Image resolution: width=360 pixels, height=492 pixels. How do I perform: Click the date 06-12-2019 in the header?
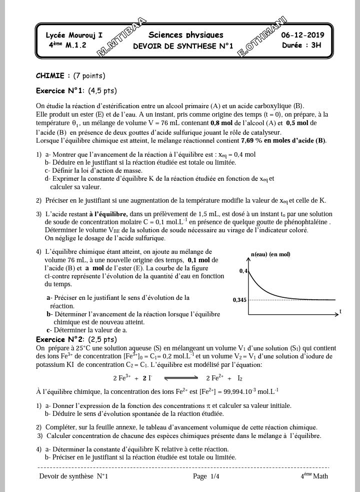pyautogui.click(x=302, y=35)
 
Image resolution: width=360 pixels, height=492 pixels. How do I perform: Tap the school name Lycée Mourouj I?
pyautogui.click(x=74, y=36)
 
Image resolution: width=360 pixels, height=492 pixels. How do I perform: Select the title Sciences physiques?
pyautogui.click(x=185, y=35)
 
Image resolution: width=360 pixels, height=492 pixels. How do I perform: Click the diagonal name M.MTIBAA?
pyautogui.click(x=121, y=37)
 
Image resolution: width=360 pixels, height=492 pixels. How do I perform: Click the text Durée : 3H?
pyautogui.click(x=302, y=45)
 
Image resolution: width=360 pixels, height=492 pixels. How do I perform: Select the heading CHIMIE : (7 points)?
pyautogui.click(x=70, y=76)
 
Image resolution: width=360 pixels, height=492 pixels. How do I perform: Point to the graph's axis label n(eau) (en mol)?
pyautogui.click(x=270, y=254)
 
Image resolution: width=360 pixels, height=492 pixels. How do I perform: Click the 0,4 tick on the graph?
pyautogui.click(x=243, y=271)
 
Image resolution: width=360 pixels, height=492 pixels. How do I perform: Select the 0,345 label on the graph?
pyautogui.click(x=239, y=300)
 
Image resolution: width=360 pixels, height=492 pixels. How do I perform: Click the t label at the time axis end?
pyautogui.click(x=340, y=311)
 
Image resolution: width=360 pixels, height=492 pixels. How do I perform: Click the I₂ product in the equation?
pyautogui.click(x=240, y=378)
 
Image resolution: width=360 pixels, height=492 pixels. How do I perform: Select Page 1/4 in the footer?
pyautogui.click(x=206, y=476)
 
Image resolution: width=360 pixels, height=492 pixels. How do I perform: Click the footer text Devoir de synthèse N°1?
pyautogui.click(x=73, y=476)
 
